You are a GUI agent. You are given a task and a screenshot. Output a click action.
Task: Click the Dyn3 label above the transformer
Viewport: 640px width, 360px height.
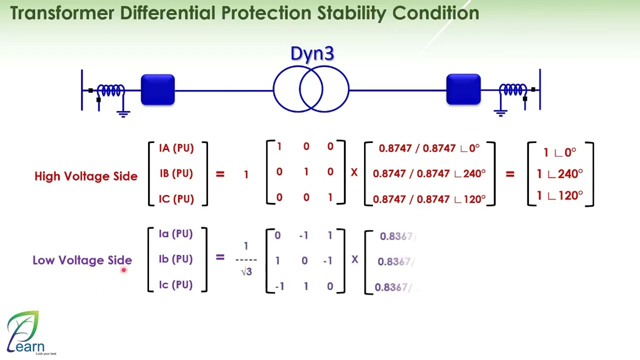pos(312,53)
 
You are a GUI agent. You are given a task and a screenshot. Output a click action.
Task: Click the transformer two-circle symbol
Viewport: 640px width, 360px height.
pos(311,90)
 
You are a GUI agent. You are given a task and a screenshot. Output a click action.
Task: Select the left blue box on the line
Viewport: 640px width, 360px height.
pos(157,90)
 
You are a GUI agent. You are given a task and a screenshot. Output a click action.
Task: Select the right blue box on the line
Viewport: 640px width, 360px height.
pos(463,90)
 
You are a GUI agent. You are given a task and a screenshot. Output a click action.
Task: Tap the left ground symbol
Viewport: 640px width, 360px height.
pos(123,111)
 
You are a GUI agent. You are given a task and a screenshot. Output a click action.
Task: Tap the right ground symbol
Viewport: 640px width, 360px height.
pos(500,111)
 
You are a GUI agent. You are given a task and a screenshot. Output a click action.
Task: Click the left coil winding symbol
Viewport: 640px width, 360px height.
pos(111,90)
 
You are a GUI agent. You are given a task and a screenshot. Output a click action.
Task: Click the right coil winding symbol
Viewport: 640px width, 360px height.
pos(512,90)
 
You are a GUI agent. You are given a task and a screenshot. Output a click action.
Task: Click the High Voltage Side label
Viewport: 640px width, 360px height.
pos(85,176)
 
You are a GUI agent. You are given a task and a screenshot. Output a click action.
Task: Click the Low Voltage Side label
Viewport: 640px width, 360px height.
pos(82,260)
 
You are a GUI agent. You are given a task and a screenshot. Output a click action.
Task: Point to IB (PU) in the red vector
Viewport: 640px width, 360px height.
pos(176,173)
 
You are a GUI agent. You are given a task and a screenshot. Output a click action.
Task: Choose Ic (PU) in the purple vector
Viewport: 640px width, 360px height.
pos(175,284)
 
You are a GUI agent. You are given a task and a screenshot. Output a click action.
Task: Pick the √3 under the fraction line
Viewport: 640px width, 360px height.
pos(246,271)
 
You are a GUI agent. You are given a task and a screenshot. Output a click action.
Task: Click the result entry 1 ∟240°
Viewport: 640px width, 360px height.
pos(559,173)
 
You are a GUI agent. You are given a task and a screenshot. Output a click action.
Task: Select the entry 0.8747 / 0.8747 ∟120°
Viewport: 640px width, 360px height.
pos(429,199)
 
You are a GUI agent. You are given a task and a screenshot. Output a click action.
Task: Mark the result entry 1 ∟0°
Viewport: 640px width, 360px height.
pos(559,152)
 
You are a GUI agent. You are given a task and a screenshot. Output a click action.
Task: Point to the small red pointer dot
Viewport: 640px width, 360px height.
pos(123,270)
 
